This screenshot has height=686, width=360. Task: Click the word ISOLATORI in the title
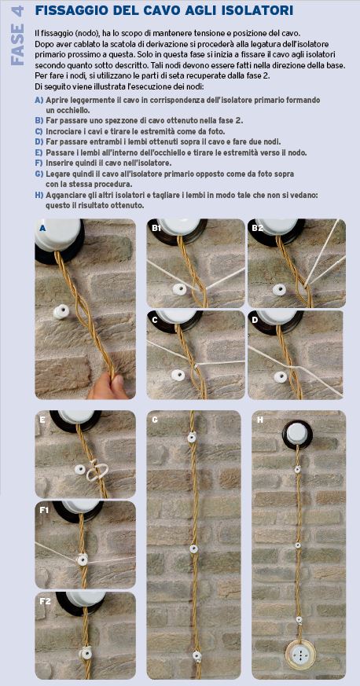click(x=257, y=10)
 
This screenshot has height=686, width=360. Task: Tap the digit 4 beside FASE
click(x=18, y=13)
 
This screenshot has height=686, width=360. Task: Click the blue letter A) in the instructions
click(x=39, y=100)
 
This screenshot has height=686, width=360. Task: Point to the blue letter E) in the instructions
click(x=39, y=152)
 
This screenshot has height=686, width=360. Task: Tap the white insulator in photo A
click(x=61, y=313)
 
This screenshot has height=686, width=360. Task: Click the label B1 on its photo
click(x=156, y=228)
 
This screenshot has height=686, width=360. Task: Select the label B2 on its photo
click(x=258, y=228)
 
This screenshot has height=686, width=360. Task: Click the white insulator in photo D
click(x=279, y=376)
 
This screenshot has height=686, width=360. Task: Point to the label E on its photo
click(x=42, y=419)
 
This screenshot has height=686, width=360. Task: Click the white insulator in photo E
click(x=79, y=470)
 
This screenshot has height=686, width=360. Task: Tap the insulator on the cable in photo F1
click(x=82, y=559)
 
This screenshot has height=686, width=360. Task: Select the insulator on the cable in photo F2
click(x=83, y=654)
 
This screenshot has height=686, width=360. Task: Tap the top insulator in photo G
click(x=192, y=437)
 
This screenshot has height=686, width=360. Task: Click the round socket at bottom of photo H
click(x=299, y=653)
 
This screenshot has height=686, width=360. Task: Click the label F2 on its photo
click(x=45, y=601)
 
